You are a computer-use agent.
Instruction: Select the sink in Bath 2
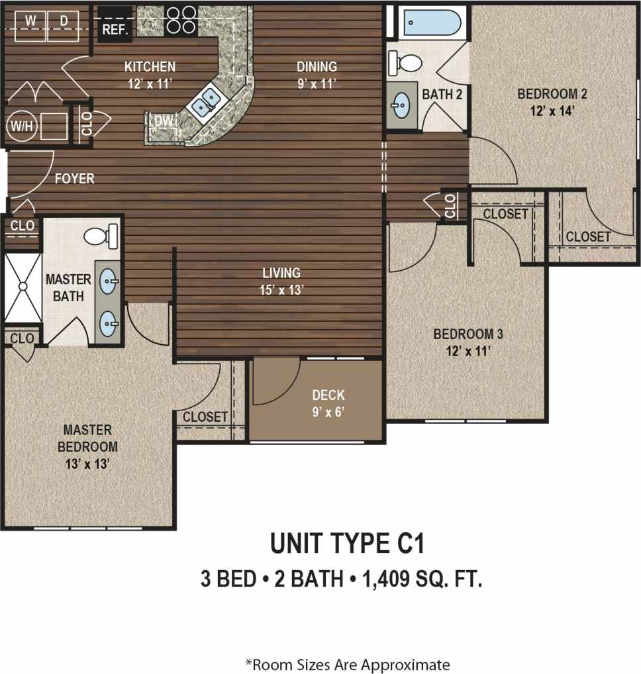tap(401, 104)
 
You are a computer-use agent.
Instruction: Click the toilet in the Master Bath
tap(102, 234)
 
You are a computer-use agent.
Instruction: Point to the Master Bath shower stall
tap(23, 287)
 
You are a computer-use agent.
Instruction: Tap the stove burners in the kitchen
tap(181, 20)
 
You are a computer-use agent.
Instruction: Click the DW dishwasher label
tap(162, 120)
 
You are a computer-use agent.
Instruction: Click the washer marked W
tap(30, 21)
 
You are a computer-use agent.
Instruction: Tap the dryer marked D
tap(64, 21)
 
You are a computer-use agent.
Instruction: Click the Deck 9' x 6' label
tap(328, 403)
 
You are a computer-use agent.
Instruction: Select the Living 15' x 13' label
tap(281, 281)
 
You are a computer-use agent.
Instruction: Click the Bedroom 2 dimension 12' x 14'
tap(543, 111)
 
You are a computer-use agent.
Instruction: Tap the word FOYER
tap(74, 179)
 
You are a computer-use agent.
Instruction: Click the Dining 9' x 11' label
tap(317, 74)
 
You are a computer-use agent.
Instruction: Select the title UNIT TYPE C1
tap(346, 544)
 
